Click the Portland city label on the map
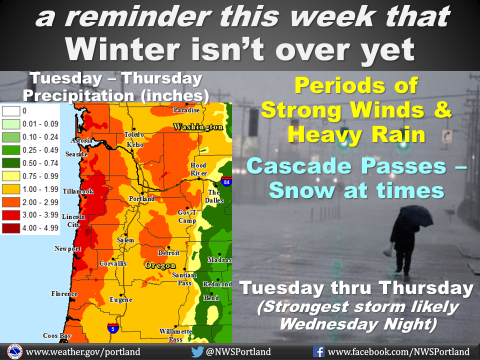coord(141,198)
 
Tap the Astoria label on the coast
coord(81,140)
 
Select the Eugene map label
coord(121,299)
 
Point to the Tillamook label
coord(78,191)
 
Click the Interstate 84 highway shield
coord(226,181)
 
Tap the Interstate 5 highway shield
coord(113,328)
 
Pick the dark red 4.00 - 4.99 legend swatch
coord(11,228)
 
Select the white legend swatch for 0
coord(11,111)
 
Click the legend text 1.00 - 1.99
coord(40,189)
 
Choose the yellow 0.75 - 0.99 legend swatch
coord(11,176)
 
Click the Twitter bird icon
coord(197,351)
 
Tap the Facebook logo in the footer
coord(318,351)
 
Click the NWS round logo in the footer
coord(14,351)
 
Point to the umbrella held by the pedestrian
coord(416,215)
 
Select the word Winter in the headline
coord(122,50)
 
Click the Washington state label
coord(198,126)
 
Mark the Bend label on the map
coord(211,297)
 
